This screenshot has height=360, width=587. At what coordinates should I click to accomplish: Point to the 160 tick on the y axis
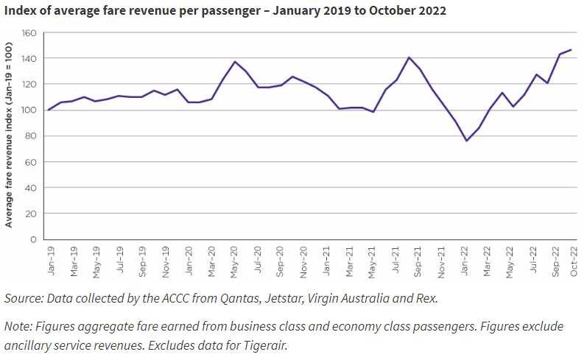pyautogui.click(x=29, y=33)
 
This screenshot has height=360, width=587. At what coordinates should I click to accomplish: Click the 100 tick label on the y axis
pyautogui.click(x=29, y=110)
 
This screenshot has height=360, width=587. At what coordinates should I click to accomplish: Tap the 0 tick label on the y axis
pyautogui.click(x=33, y=239)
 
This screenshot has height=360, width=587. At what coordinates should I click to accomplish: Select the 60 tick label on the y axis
pyautogui.click(x=31, y=162)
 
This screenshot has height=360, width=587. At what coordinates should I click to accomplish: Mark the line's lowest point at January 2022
pyautogui.click(x=466, y=141)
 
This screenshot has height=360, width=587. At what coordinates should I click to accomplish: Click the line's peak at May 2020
pyautogui.click(x=234, y=62)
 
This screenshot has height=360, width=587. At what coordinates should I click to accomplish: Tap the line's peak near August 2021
pyautogui.click(x=409, y=57)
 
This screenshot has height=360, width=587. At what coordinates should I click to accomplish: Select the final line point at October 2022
pyautogui.click(x=571, y=50)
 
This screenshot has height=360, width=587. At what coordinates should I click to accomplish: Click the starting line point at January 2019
pyautogui.click(x=49, y=110)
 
